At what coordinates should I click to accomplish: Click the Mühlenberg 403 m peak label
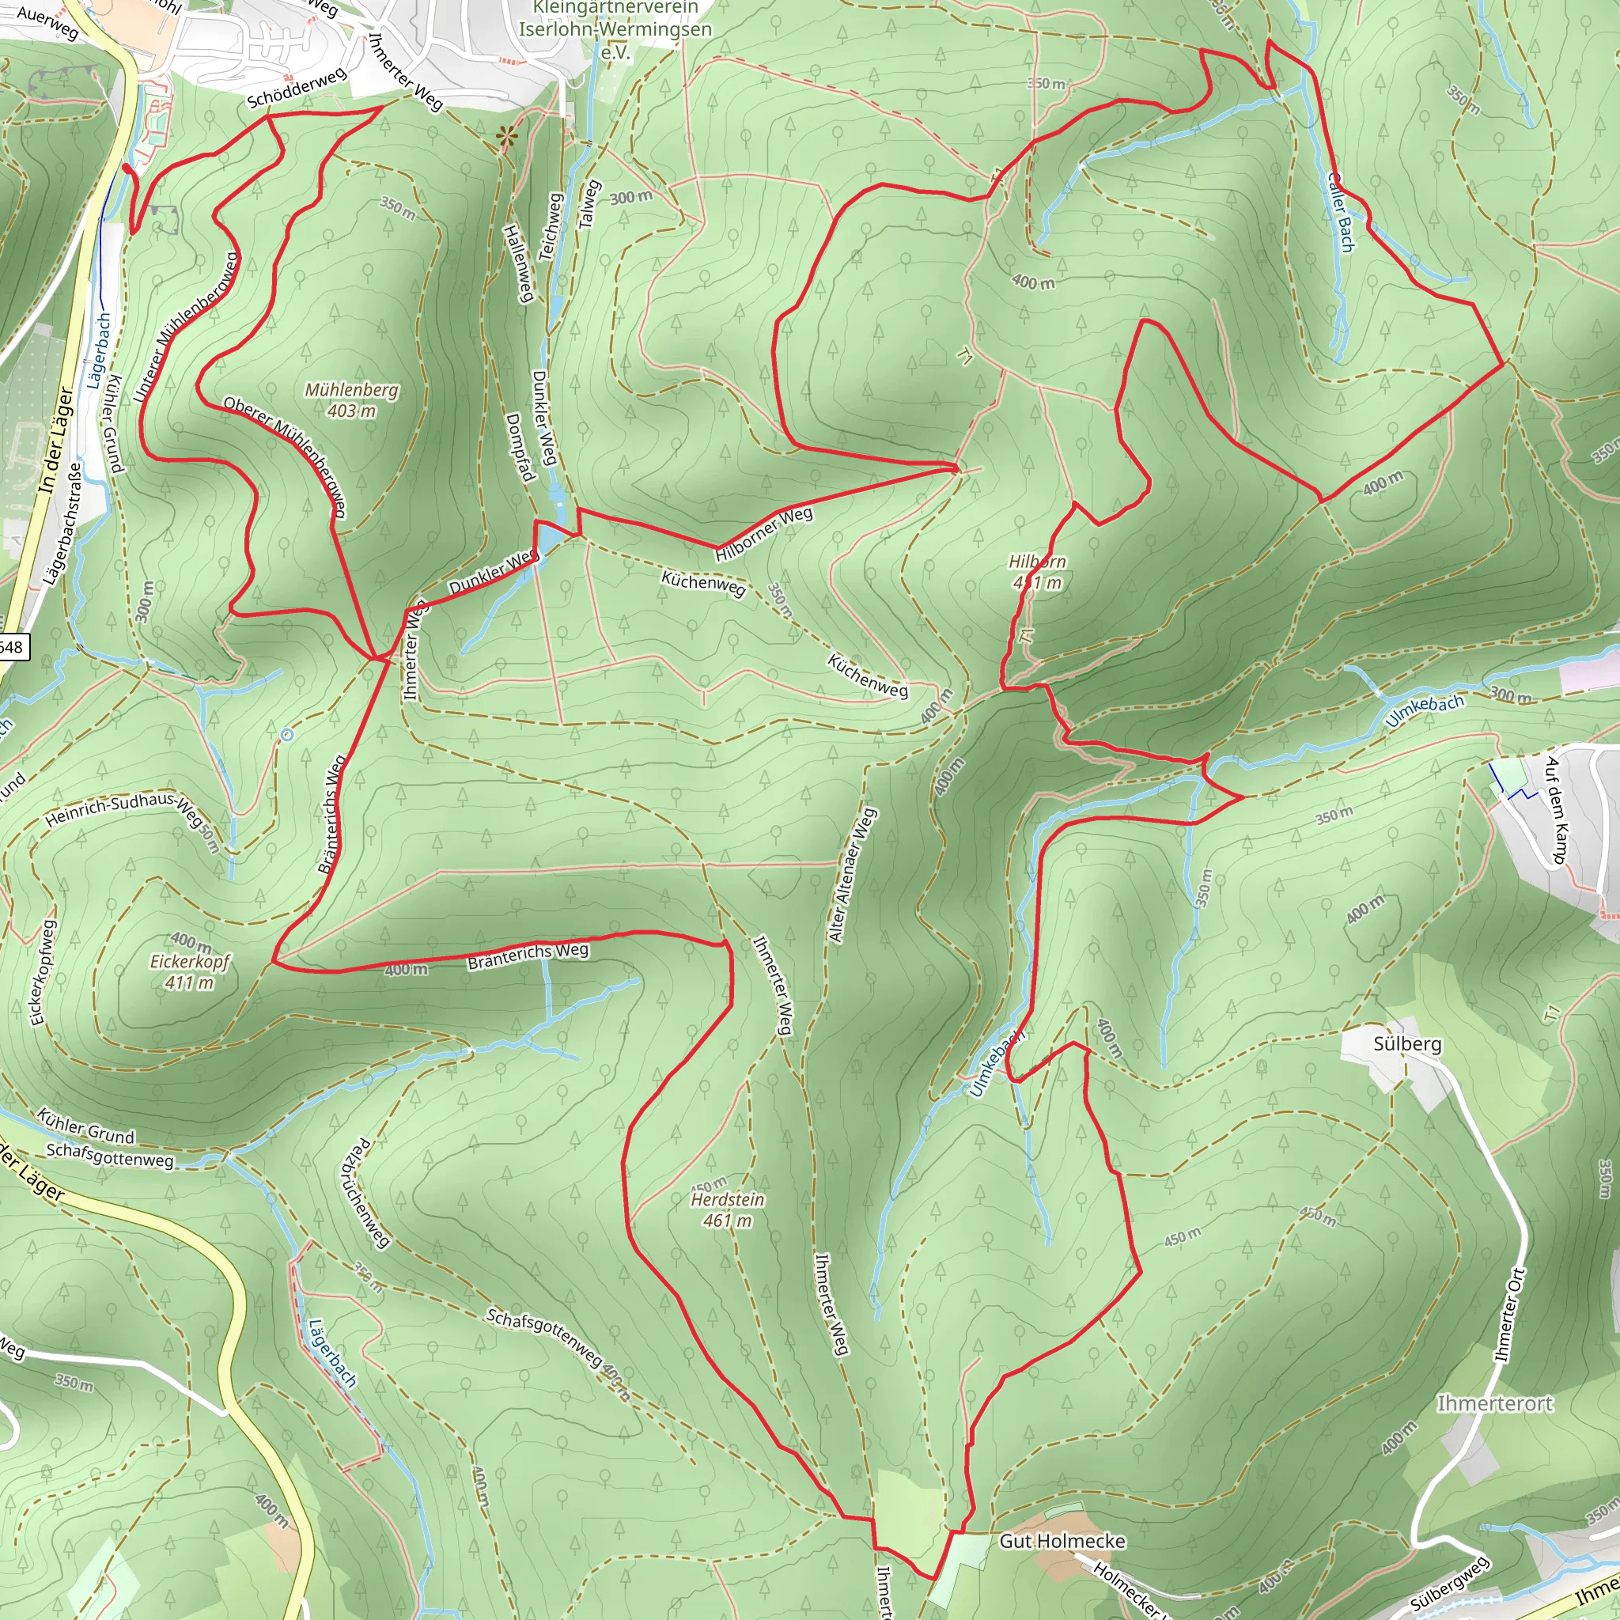(351, 400)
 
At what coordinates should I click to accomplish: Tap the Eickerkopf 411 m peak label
(190, 971)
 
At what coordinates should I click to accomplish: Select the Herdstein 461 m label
(727, 1210)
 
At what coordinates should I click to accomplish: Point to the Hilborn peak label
(1037, 571)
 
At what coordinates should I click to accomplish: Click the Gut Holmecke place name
(1062, 1540)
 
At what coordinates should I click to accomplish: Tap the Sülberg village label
(1407, 1044)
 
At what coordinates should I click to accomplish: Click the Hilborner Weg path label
(764, 533)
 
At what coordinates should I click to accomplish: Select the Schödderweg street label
(296, 88)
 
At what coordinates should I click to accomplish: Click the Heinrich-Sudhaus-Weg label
(123, 809)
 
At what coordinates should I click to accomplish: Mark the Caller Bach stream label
(1341, 211)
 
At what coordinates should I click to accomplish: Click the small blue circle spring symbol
(287, 735)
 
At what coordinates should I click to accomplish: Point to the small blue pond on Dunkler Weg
(550, 536)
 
